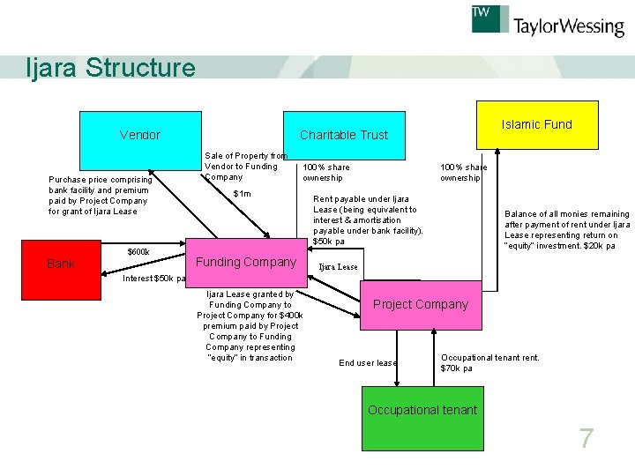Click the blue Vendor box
140,135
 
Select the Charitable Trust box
343,135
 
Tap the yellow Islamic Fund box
536,123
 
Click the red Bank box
61,263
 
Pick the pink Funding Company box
245,262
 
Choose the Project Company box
421,305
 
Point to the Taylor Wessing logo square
490,19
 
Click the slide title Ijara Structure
111,68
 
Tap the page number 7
586,438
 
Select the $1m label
242,194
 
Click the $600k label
138,252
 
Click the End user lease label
368,363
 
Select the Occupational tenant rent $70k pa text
489,362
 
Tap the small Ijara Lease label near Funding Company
338,267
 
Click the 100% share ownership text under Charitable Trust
325,172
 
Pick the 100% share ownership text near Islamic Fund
463,172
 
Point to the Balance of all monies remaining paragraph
566,230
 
